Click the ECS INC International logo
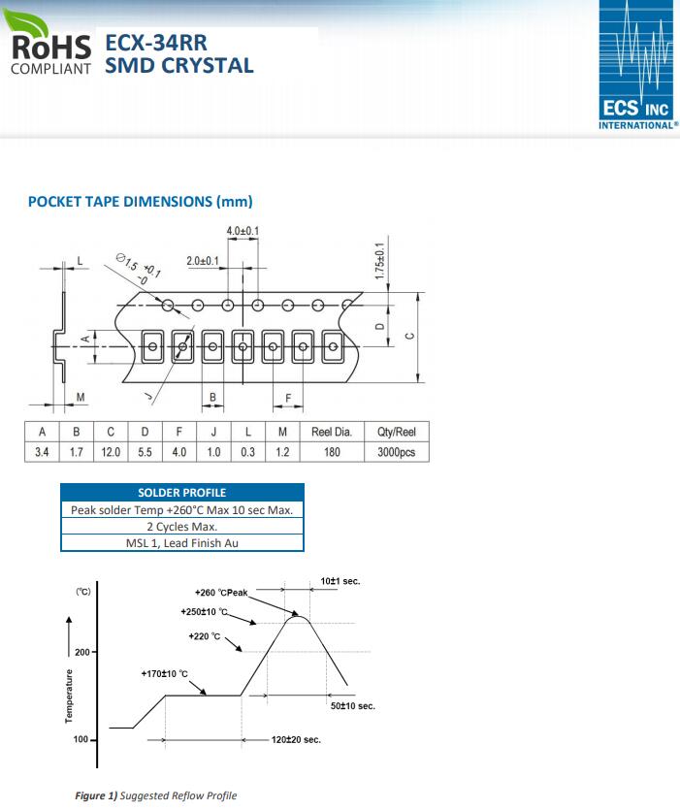click(638, 65)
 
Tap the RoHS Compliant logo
click(49, 43)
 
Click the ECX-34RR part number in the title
click(156, 43)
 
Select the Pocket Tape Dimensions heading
click(140, 202)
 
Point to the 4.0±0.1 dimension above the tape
click(243, 231)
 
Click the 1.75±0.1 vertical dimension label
click(380, 261)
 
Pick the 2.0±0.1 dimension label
click(203, 261)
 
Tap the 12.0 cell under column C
click(111, 452)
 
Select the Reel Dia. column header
click(332, 432)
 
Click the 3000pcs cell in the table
click(397, 452)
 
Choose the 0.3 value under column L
click(248, 452)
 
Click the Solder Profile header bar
click(182, 492)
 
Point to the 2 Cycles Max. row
click(182, 527)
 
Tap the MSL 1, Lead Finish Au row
click(182, 543)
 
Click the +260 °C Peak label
click(221, 593)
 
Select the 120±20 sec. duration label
click(296, 740)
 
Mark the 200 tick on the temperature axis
click(82, 652)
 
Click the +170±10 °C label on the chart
click(164, 673)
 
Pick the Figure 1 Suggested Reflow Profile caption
click(156, 795)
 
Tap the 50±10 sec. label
click(353, 705)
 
